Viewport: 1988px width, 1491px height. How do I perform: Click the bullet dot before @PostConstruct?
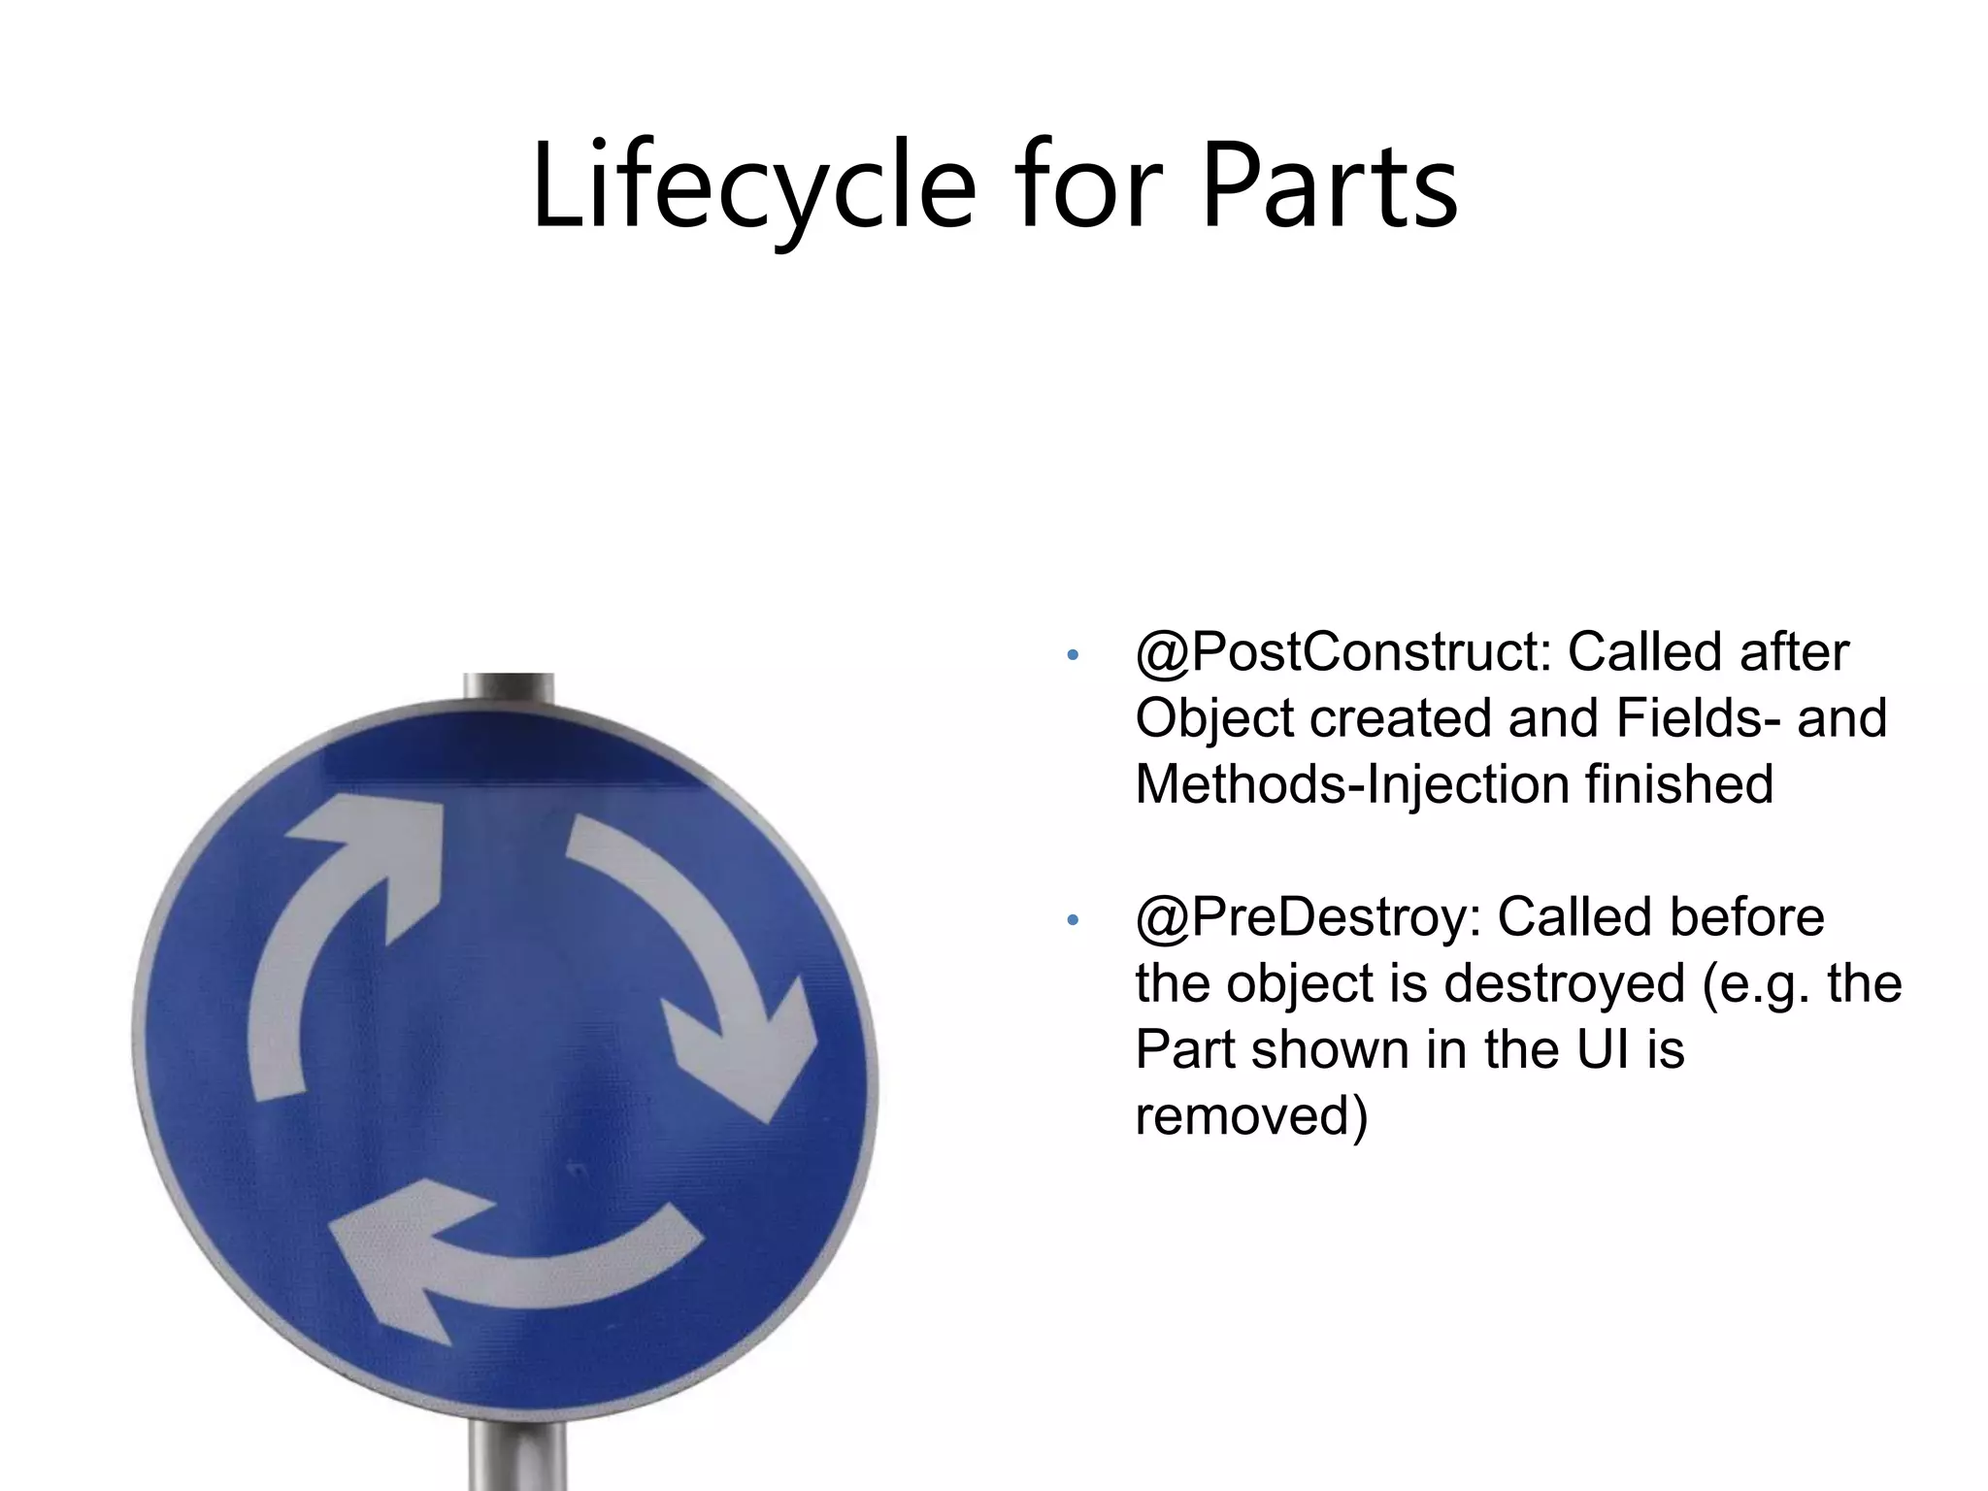click(1072, 655)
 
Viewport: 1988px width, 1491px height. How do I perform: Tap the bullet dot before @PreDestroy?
click(1072, 920)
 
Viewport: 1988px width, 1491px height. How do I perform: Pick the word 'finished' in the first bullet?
click(1678, 784)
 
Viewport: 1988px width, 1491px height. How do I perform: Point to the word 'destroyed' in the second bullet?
click(1564, 984)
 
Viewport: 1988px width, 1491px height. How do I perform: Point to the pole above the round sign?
click(509, 687)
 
